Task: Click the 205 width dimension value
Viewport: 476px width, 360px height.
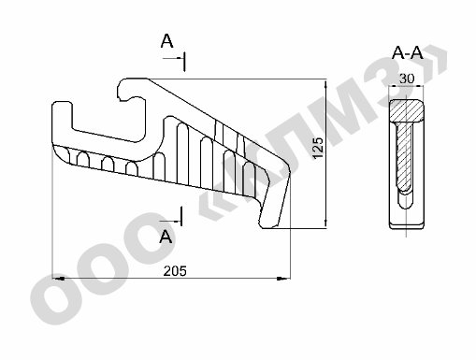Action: [x=175, y=271]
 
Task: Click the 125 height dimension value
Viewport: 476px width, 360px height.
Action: [x=318, y=148]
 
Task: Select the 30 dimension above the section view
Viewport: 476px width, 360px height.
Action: [x=407, y=79]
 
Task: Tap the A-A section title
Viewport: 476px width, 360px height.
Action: [x=407, y=52]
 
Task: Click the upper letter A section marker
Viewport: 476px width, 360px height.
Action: [x=166, y=41]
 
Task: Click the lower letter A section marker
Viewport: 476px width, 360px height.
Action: [x=166, y=237]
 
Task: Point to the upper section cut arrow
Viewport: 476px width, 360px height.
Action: [x=173, y=58]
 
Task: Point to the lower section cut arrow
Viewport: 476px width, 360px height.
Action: [x=171, y=222]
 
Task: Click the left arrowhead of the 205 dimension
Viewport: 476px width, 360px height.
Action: [x=59, y=278]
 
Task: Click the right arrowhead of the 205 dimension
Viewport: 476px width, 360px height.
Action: [x=283, y=279]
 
